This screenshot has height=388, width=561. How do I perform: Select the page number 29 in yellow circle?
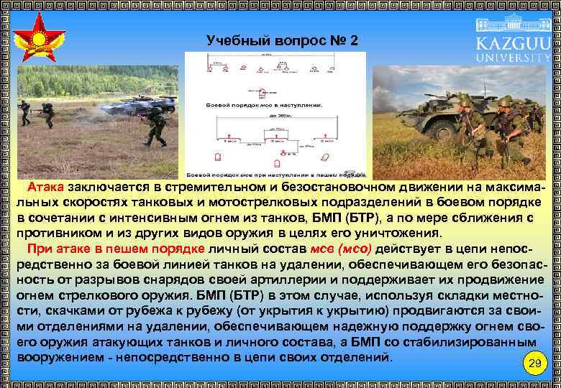pos(533,363)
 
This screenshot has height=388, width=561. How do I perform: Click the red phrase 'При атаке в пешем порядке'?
pos(116,249)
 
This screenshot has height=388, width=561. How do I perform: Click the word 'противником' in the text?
pos(56,234)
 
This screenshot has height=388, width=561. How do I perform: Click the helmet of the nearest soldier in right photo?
pos(465,105)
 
